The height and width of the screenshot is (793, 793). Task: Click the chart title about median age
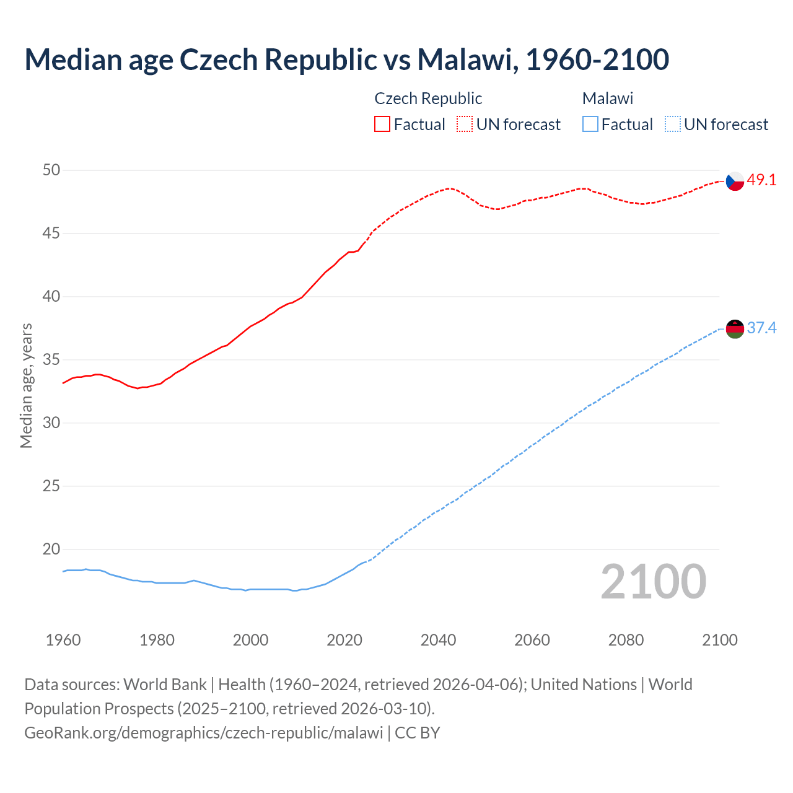tap(346, 59)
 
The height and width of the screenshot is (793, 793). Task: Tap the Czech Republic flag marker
tap(734, 181)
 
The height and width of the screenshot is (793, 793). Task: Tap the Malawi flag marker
tap(734, 329)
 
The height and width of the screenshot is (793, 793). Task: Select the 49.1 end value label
tap(761, 180)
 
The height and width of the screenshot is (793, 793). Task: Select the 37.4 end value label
tap(761, 328)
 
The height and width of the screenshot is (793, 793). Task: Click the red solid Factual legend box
tap(382, 124)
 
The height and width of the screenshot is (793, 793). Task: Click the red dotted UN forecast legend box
tap(465, 124)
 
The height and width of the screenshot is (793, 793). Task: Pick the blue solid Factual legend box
tap(590, 124)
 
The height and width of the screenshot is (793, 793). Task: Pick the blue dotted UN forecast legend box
tap(672, 124)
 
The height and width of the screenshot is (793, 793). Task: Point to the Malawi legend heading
tap(607, 99)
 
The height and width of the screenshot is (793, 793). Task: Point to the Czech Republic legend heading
tap(428, 99)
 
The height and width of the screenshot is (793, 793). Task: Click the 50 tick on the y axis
tap(51, 170)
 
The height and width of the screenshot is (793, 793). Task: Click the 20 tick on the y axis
tap(51, 550)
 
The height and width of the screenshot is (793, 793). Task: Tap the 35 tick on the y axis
tap(51, 360)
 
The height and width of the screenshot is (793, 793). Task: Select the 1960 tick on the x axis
tap(63, 640)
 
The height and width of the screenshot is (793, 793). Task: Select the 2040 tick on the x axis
tap(438, 640)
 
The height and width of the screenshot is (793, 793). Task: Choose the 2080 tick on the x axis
tap(626, 640)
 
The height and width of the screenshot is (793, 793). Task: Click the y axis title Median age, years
tap(26, 385)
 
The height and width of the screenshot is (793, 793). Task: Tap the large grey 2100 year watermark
tap(653, 582)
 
